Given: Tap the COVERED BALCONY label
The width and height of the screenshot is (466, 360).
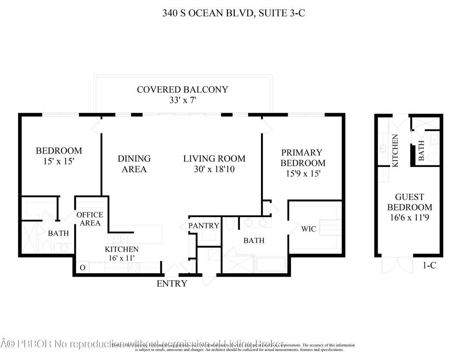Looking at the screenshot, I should tap(182, 90).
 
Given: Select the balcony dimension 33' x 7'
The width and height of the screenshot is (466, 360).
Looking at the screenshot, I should tap(182, 101).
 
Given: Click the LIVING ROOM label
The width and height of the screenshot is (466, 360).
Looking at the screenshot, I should tap(214, 159).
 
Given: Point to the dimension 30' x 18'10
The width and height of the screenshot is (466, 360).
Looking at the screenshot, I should tap(214, 170).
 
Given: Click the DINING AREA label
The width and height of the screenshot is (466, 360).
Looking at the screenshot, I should tap(134, 164).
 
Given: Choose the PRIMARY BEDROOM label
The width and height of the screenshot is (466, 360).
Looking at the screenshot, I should tap(302, 158).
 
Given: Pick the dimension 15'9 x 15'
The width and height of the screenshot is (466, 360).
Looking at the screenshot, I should tap(302, 174).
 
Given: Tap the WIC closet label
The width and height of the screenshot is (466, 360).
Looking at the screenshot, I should tap(309, 229).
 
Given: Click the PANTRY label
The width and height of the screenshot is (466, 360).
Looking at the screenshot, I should tap(204, 226).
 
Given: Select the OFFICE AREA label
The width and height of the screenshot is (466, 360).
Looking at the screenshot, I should tap(90, 219).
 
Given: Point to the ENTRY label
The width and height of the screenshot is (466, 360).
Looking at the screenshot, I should tap(172, 284).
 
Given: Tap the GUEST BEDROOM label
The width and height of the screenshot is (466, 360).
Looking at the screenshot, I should tap(409, 202).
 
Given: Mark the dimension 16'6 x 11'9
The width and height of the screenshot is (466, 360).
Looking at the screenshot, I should tap(409, 218).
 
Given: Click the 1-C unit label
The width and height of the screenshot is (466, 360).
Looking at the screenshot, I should tap(429, 265).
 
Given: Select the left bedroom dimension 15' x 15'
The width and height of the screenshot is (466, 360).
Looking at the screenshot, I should tap(59, 161).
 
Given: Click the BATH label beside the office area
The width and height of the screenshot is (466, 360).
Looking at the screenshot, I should tap(58, 234).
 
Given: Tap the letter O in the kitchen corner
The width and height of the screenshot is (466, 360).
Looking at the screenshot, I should tap(82, 268).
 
